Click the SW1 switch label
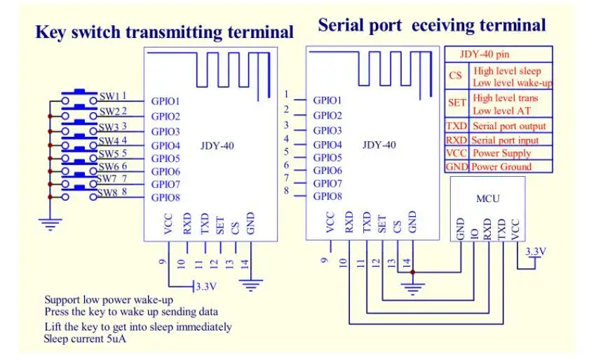coord(109,96)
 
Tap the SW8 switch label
coord(107,193)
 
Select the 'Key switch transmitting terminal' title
coord(164,32)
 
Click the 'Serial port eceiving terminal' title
coord(431,25)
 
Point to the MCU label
coord(487,199)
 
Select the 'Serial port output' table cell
coord(509,126)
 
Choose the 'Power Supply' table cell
coord(501,153)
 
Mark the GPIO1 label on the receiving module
coord(327,100)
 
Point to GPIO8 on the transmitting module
coord(166,198)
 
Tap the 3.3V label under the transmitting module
coord(206,286)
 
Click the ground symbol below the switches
coord(49,225)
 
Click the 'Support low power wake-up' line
coord(109,299)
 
